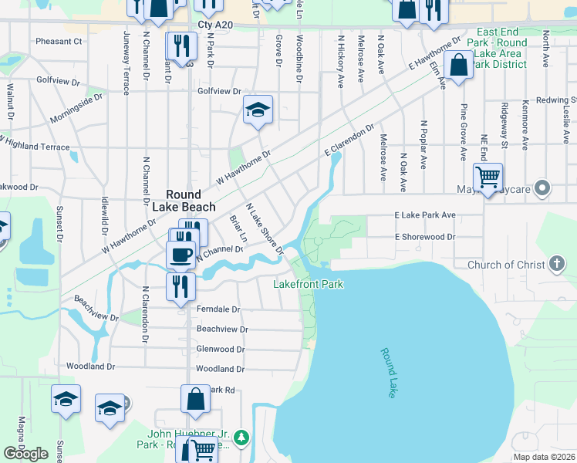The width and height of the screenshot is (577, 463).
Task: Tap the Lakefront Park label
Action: (x=309, y=285)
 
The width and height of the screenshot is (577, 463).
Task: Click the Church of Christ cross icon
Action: (x=557, y=265)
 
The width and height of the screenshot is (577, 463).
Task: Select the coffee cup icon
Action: (x=181, y=255)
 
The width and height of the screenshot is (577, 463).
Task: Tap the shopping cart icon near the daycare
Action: (x=488, y=177)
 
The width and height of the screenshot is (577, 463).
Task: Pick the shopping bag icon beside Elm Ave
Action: (x=459, y=66)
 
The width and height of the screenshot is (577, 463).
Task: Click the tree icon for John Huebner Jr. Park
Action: (x=242, y=438)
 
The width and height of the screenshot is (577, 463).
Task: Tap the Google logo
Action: (x=25, y=454)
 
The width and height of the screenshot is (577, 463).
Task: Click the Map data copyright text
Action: (x=544, y=457)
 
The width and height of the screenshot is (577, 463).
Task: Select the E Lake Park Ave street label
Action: (x=425, y=215)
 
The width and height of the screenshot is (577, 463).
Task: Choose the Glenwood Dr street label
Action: (x=220, y=350)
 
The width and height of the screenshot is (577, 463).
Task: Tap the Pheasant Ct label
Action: (x=59, y=41)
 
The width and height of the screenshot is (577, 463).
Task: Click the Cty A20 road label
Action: (x=214, y=25)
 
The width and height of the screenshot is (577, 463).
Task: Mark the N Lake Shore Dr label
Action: (x=265, y=228)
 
